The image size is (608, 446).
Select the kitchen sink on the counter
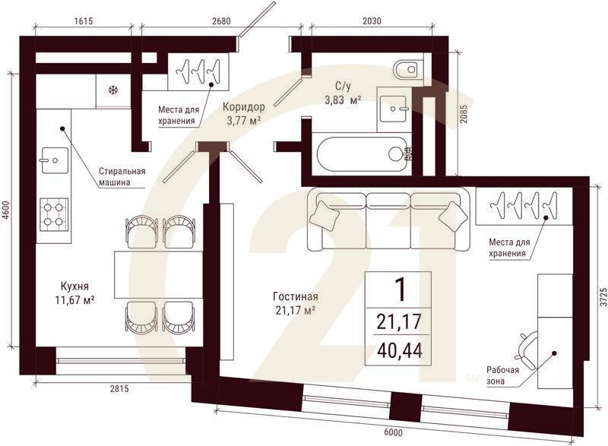54,160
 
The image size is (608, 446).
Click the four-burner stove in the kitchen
54,214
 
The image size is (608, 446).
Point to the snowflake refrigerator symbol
112,90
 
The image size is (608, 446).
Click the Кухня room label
74,286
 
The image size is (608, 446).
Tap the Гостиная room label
296,296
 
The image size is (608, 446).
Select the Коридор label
244,107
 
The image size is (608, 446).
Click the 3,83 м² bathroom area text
344,100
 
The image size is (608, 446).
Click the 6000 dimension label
393,432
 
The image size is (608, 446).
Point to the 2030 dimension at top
372,21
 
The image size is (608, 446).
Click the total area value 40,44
399,352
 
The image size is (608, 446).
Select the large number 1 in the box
400,289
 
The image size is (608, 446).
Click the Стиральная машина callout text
122,176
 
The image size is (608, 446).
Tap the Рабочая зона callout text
503,375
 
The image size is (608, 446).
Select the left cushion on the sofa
325,216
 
